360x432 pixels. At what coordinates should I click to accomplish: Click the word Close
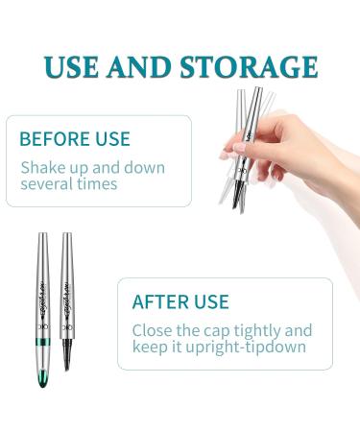point(156,330)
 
